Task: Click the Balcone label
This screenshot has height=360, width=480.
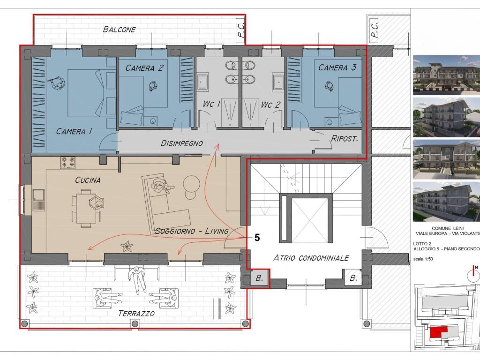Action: (119, 30)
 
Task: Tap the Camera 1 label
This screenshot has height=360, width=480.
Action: (74, 131)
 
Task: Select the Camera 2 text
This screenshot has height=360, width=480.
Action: (144, 68)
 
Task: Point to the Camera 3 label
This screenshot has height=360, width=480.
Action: (337, 67)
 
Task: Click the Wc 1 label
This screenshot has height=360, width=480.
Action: (211, 104)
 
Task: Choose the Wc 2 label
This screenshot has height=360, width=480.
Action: (270, 105)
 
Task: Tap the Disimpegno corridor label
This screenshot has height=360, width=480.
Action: (182, 143)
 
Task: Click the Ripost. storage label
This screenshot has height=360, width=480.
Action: (345, 139)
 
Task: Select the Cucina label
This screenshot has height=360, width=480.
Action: (88, 180)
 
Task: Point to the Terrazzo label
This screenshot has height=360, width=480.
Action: (136, 313)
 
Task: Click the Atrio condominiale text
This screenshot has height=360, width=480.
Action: (311, 258)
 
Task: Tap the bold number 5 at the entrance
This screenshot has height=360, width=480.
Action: (257, 238)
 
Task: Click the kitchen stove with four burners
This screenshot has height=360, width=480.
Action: (68, 162)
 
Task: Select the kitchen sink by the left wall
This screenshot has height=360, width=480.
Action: (39, 200)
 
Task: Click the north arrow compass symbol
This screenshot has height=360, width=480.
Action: (473, 275)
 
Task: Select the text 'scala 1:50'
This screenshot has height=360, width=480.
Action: (423, 259)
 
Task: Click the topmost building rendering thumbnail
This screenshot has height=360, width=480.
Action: (447, 75)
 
